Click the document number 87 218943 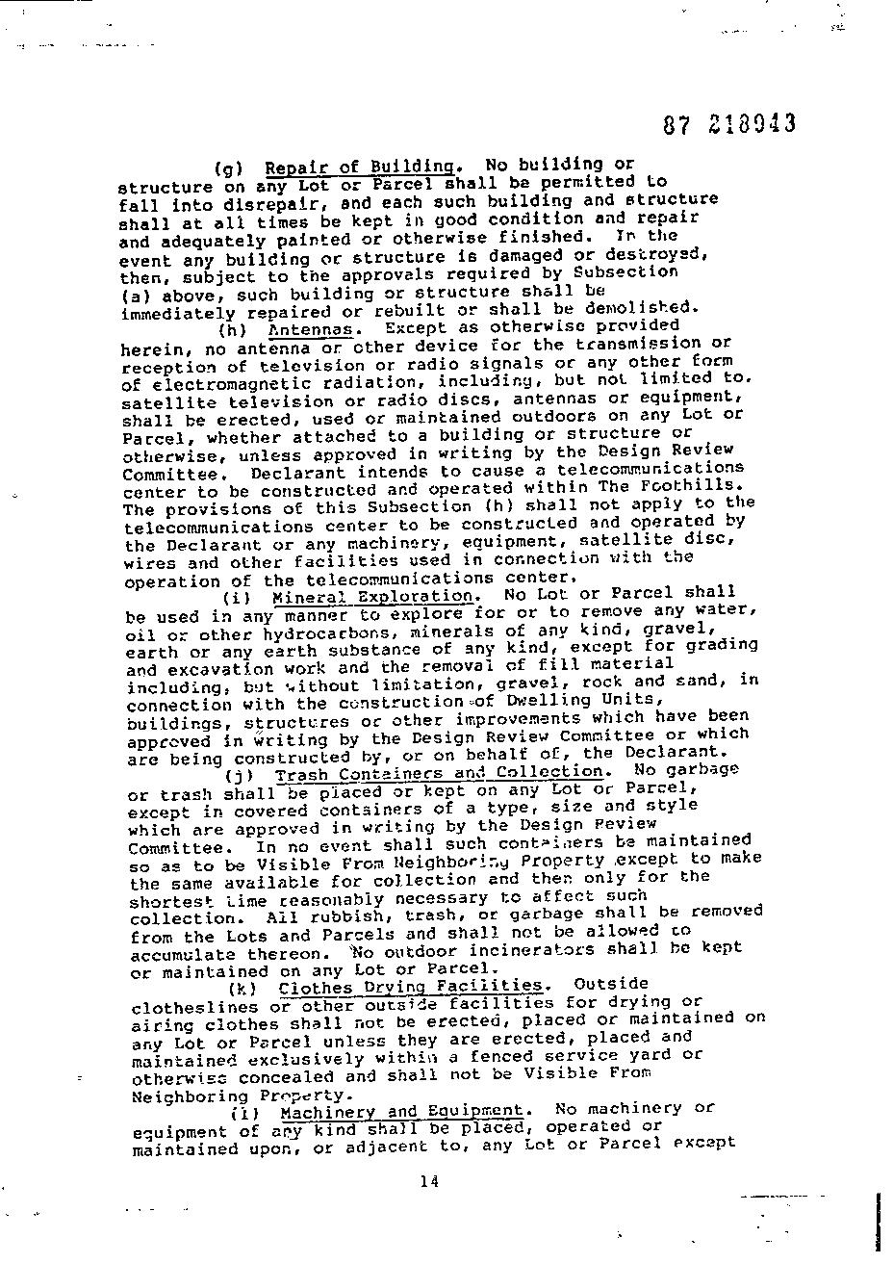pyautogui.click(x=729, y=124)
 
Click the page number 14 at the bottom pyautogui.click(x=429, y=1182)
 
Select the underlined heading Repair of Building pyautogui.click(x=359, y=167)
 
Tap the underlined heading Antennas pyautogui.click(x=309, y=329)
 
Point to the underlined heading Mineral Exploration pyautogui.click(x=373, y=596)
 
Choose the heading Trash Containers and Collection pyautogui.click(x=440, y=773)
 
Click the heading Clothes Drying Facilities pyautogui.click(x=410, y=986)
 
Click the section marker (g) pyautogui.click(x=228, y=167)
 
